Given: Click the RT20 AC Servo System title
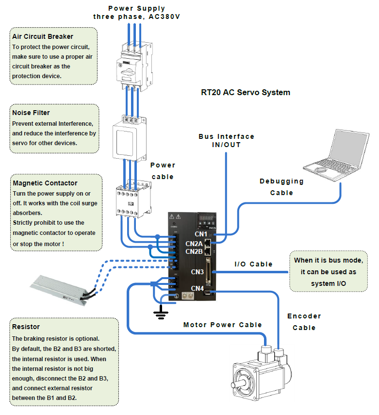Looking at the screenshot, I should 246,92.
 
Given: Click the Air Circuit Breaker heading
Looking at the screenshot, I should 43,36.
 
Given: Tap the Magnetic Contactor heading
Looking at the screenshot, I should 45,183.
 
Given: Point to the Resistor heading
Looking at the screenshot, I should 26,327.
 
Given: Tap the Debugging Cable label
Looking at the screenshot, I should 281,187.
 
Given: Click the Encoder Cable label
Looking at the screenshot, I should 304,322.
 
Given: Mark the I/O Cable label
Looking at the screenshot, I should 253,265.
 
